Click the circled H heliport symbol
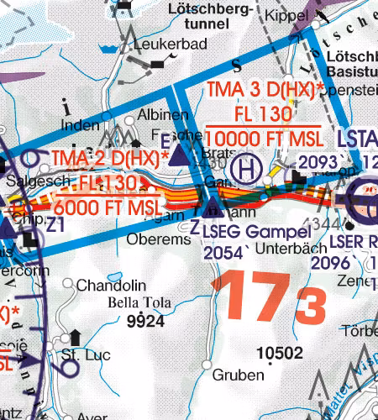pyautogui.click(x=246, y=168)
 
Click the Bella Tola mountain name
pyautogui.click(x=139, y=302)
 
